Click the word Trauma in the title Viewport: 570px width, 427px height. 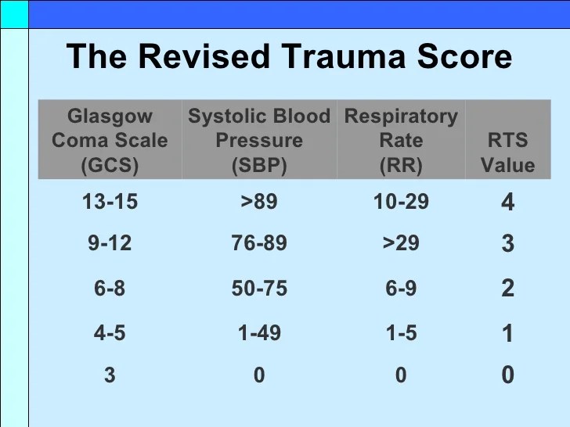tap(343, 56)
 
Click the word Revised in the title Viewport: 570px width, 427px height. tap(204, 56)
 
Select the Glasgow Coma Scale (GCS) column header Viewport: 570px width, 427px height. tap(110, 140)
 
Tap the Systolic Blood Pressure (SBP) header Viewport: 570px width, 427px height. tap(259, 140)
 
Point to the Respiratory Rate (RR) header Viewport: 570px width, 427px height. tap(401, 140)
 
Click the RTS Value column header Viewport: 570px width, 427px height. tap(508, 152)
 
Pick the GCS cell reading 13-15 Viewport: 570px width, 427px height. tap(110, 201)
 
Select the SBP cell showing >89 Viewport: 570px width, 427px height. tap(259, 201)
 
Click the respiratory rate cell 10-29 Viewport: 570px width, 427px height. tap(401, 201)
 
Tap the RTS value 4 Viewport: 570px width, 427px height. tap(508, 202)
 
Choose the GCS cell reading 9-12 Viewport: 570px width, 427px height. tap(110, 242)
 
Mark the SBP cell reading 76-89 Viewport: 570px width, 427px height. tap(259, 242)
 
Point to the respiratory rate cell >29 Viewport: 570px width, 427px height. tap(401, 242)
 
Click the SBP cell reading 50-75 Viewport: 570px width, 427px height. tap(259, 288)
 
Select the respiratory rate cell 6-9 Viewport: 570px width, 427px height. tap(401, 288)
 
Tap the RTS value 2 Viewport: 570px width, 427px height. tap(508, 288)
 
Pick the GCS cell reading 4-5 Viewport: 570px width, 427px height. tap(110, 332)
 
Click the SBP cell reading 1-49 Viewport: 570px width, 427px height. tap(259, 332)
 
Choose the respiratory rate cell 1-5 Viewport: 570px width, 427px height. tap(401, 332)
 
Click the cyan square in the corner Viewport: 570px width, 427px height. tap(14, 14)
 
